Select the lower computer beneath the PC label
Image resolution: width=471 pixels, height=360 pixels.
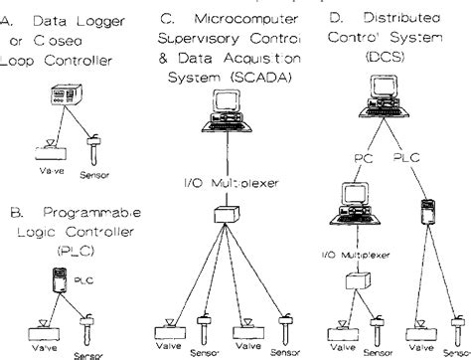(x=354, y=205)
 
